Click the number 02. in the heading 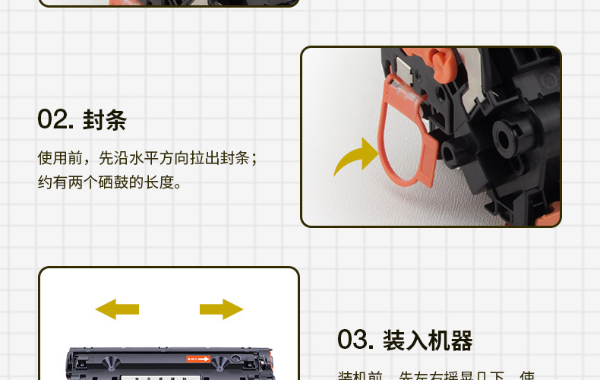55,120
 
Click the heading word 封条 105,120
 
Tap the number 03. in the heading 355,340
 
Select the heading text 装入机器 428,340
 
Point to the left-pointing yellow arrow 117,309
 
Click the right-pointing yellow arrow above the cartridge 221,309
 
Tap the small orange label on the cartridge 196,357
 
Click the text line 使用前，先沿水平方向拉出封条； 148,158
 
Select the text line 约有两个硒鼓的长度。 111,182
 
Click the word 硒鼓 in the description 122,182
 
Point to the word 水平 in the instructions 153,158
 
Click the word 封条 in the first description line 235,158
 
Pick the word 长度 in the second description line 160,182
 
